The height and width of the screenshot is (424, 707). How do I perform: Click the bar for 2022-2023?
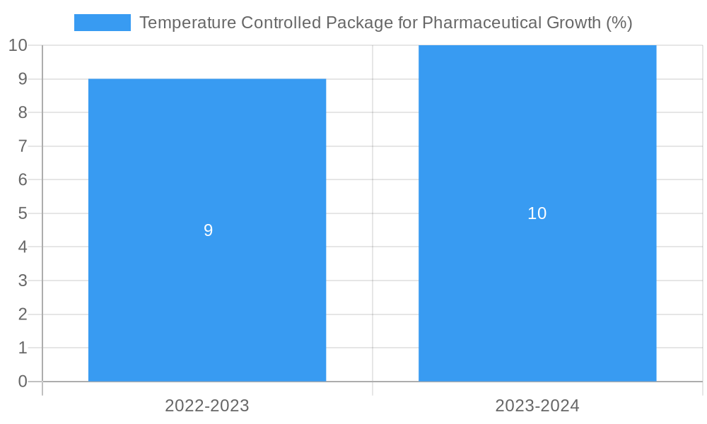tap(207, 297)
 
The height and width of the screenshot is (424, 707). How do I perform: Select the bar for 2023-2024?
tap(537, 297)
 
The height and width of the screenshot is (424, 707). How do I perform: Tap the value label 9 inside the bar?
tap(208, 230)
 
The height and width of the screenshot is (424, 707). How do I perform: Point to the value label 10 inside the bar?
tap(537, 213)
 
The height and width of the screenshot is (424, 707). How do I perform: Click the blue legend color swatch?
tap(103, 23)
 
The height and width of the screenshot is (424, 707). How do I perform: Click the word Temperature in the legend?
tap(187, 23)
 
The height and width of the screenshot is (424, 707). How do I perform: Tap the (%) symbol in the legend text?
tap(619, 23)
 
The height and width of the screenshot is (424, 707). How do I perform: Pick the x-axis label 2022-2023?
tap(207, 406)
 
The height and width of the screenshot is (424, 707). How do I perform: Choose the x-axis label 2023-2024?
tap(537, 406)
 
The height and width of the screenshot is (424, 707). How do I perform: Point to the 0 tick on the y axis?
tap(23, 382)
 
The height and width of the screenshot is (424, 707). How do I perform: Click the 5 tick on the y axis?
tap(23, 213)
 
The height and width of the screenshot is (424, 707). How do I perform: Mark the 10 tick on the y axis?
tap(18, 45)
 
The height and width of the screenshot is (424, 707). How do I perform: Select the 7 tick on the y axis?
tap(23, 146)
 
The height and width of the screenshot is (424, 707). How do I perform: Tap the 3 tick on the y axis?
tap(23, 281)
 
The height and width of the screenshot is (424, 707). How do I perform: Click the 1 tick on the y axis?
tap(23, 348)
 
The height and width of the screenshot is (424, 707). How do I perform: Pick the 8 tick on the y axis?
tap(23, 112)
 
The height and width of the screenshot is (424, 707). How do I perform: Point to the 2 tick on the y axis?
tap(23, 314)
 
